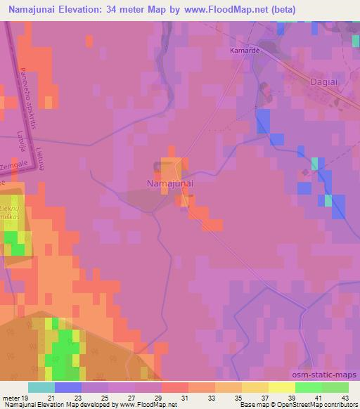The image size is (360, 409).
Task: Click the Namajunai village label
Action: click(x=170, y=183)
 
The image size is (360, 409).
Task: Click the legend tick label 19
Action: click(x=25, y=398)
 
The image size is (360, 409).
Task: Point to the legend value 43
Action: click(x=345, y=398)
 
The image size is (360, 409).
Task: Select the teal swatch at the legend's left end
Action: click(x=41, y=387)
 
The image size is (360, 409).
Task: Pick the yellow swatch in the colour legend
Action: click(x=281, y=387)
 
